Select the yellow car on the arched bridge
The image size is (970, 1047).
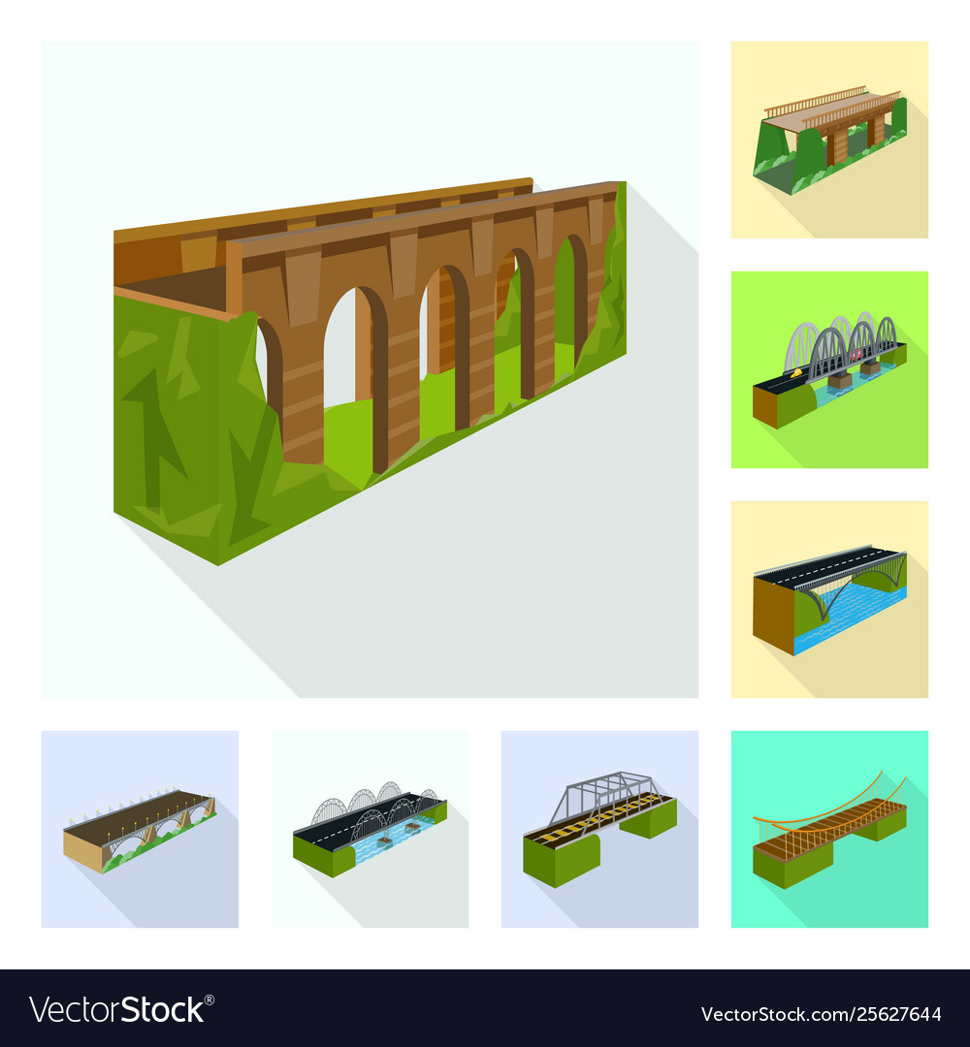point(794,370)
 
